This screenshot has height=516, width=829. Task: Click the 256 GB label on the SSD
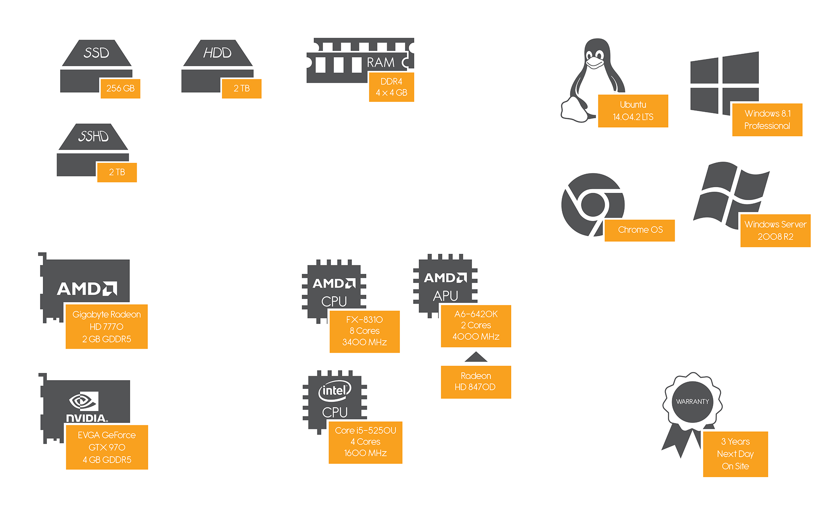point(120,88)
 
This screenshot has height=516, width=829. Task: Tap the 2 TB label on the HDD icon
point(242,88)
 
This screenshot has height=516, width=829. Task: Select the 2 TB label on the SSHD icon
point(117,172)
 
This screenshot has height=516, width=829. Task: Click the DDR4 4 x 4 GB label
point(391,87)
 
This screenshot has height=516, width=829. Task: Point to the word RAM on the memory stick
point(381,63)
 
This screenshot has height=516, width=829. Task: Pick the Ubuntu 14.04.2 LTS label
point(633,111)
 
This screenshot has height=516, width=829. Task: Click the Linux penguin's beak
point(595,63)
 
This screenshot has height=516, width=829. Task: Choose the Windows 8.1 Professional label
point(767,119)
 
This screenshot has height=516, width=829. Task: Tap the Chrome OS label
point(640,230)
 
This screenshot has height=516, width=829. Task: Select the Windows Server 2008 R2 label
point(775,231)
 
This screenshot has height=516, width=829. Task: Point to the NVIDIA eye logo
point(83,401)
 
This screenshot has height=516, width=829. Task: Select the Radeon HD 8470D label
point(476,382)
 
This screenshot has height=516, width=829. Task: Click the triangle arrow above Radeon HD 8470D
point(476,357)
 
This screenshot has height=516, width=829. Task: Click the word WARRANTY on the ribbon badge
point(692,402)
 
